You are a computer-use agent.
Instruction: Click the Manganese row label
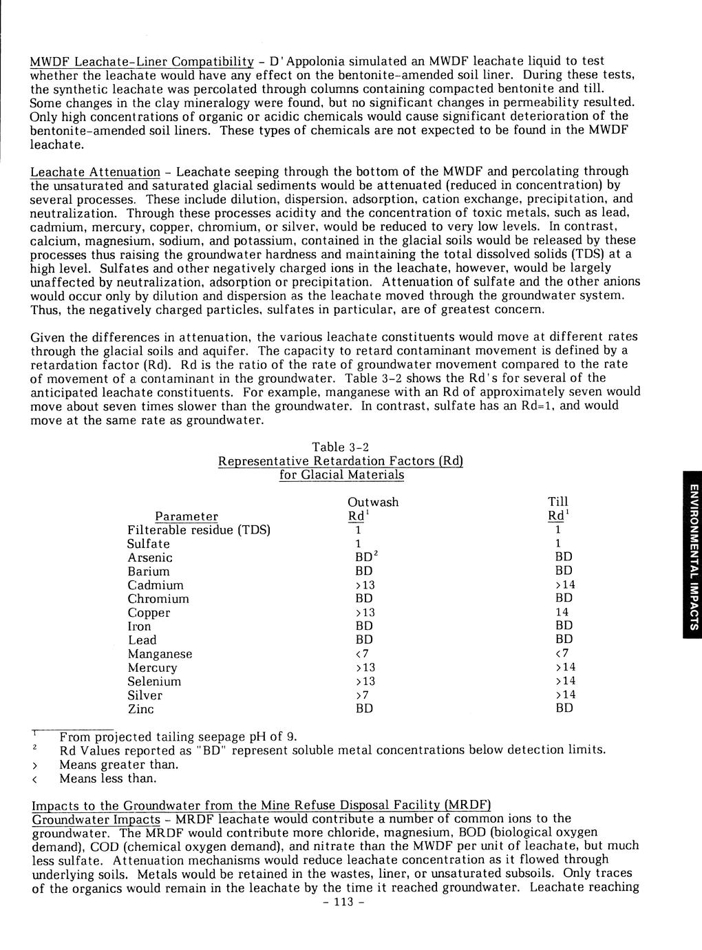[x=160, y=654]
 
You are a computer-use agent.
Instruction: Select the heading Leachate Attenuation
[x=95, y=171]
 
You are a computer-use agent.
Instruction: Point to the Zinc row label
[x=140, y=709]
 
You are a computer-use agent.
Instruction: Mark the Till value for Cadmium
[x=565, y=585]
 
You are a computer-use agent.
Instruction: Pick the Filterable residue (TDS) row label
[x=199, y=530]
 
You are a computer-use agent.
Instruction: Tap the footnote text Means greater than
[x=118, y=765]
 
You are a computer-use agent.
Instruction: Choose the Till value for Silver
[x=565, y=695]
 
